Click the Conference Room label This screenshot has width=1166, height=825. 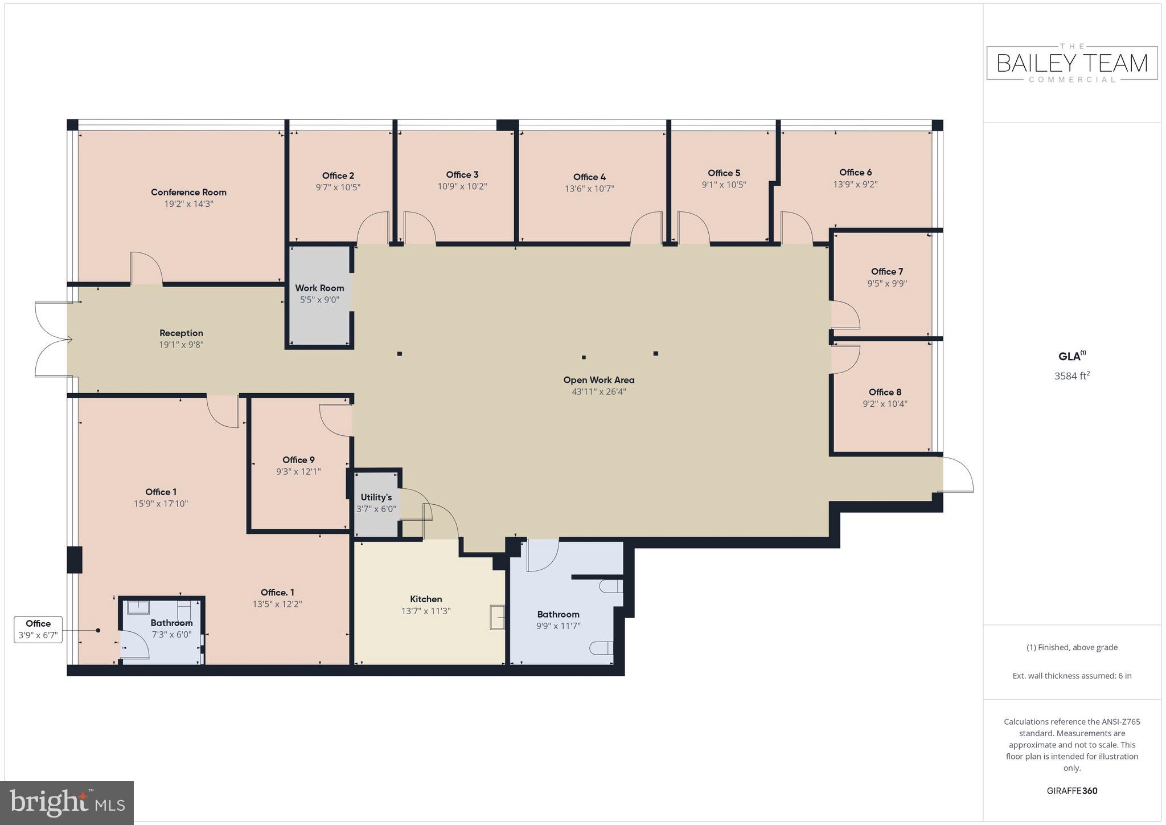tap(188, 192)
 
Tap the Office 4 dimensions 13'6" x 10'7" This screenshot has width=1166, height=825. tap(589, 189)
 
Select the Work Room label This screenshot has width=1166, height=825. tap(319, 288)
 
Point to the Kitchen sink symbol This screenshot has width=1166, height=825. tap(497, 617)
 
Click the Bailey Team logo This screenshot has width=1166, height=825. tap(1072, 63)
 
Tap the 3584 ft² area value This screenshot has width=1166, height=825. tap(1072, 375)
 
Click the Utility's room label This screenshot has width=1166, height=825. tap(376, 497)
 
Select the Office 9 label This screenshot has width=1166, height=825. tap(298, 460)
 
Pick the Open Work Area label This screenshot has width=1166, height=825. tap(599, 379)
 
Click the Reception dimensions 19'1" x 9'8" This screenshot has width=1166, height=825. tap(181, 345)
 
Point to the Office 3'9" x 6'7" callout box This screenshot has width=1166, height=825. tap(38, 630)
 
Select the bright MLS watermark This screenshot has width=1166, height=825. tap(67, 803)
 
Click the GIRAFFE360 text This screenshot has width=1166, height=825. tap(1072, 791)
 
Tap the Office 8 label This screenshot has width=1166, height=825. tap(885, 392)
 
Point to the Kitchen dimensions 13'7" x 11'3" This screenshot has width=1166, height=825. tap(426, 611)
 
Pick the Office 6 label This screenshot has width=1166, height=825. tap(855, 172)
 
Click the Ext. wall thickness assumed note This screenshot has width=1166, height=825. tap(1072, 676)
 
